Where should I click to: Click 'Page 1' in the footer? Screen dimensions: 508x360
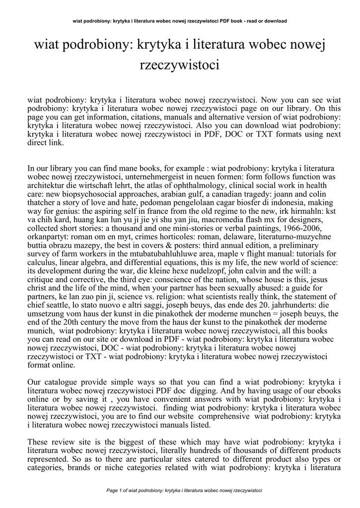pos(118,491)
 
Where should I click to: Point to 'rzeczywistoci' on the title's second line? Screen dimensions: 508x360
pos(180,65)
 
